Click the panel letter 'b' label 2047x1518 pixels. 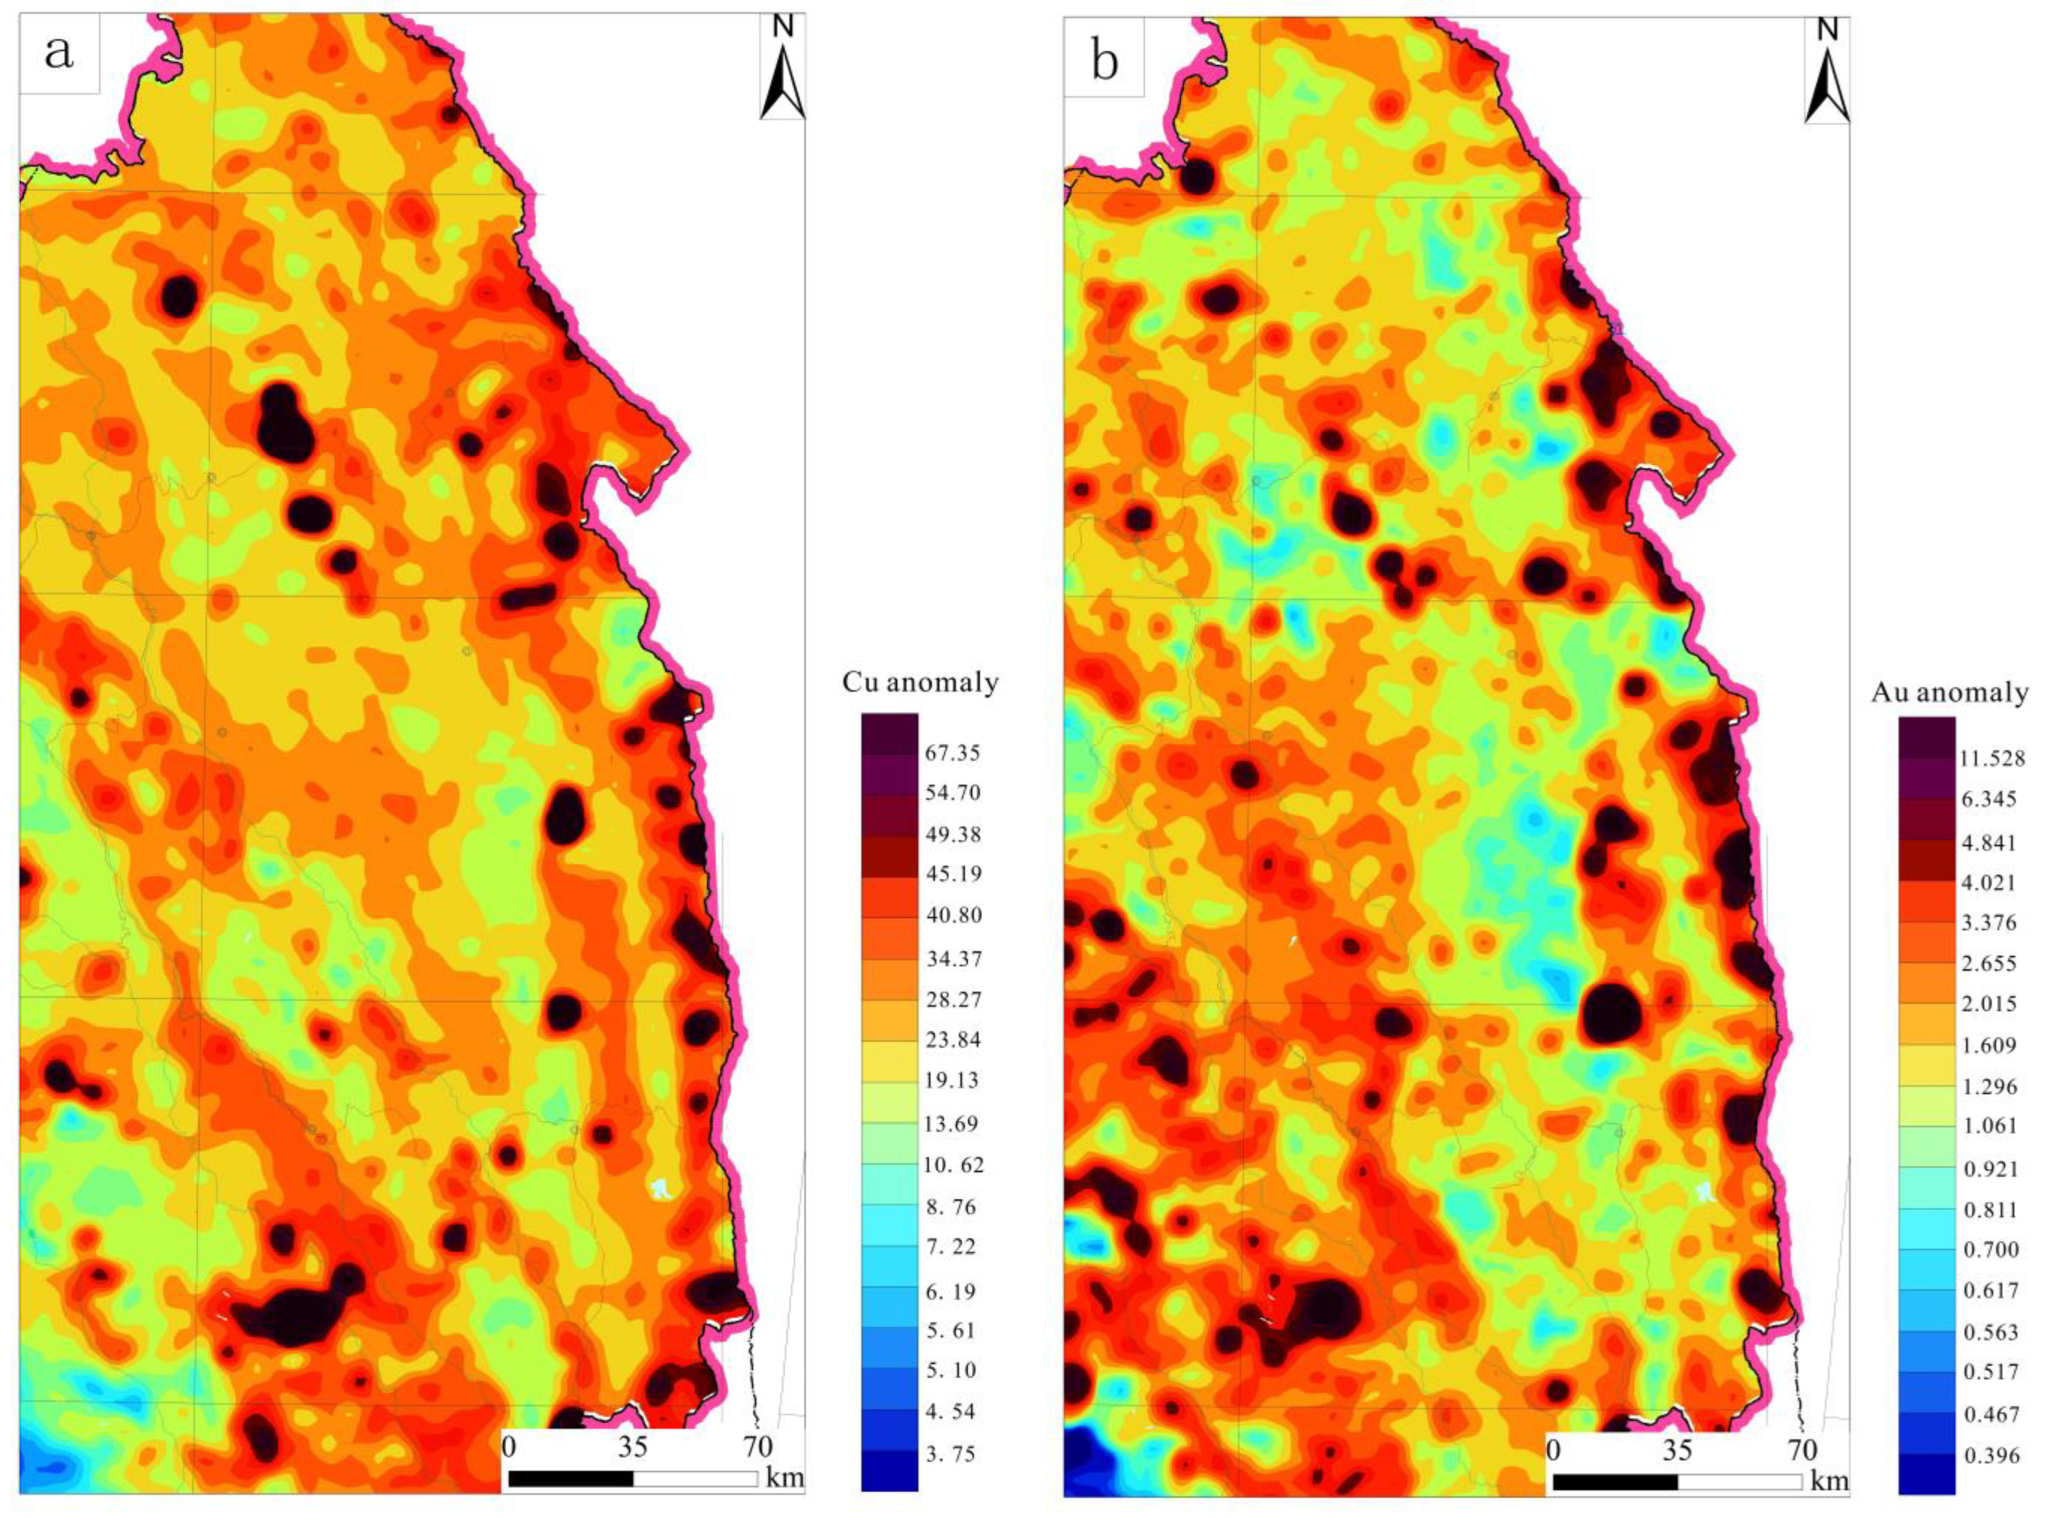tap(1104, 62)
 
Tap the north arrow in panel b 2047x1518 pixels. tap(1826, 74)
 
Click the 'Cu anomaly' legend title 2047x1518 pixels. tap(920, 683)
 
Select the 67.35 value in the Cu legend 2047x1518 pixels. tap(953, 753)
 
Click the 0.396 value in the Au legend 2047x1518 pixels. tap(1988, 1455)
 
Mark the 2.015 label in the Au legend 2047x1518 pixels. tap(1988, 1003)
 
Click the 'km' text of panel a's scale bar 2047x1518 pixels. tap(783, 1477)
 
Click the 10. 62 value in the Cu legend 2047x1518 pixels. tap(953, 1165)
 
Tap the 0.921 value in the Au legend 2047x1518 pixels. tap(1988, 1169)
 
